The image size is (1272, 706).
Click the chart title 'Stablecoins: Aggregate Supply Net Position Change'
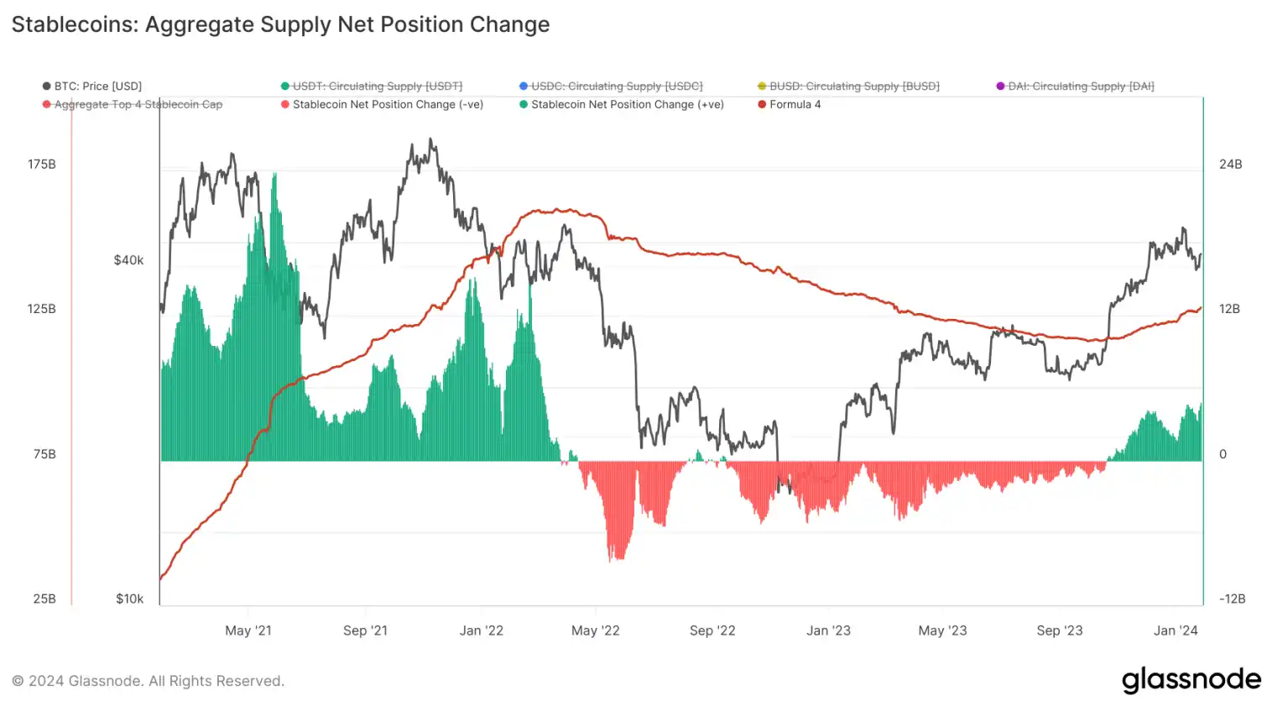280,24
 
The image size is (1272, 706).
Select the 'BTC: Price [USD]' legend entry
97,86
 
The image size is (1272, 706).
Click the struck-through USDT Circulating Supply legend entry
377,86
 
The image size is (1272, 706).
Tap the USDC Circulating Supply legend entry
616,86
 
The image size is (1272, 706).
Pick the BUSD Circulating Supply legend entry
853,86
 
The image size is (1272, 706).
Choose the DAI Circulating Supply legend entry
1080,86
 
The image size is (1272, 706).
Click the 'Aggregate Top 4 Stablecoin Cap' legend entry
138,104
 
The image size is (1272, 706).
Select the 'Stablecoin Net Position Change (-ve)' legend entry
387,104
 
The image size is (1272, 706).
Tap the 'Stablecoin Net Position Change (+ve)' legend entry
626,104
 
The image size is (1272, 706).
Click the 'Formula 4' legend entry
794,104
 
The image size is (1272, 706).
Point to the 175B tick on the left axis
42,164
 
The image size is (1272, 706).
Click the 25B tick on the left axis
44,599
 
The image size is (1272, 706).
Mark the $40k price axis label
128,260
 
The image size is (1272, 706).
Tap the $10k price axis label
129,599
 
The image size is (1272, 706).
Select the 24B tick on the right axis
1230,164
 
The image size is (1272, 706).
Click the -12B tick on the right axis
1232,599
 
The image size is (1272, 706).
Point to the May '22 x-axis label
595,630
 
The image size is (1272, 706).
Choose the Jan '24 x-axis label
1176,630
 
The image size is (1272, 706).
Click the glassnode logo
1191,679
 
